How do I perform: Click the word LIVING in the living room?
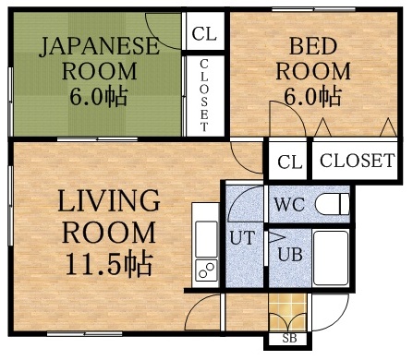[98, 201]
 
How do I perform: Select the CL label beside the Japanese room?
[204, 35]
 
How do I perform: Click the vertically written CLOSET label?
[204, 95]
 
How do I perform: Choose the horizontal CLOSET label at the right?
[358, 161]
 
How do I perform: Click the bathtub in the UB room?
[330, 258]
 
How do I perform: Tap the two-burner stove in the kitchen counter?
[205, 271]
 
